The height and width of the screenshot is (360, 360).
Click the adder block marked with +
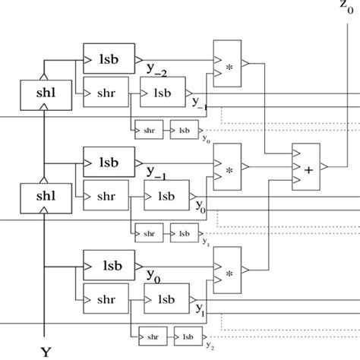(308, 169)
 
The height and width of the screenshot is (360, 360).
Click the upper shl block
(40, 95)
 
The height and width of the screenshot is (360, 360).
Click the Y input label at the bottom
(46, 351)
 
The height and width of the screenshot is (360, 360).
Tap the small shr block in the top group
(146, 129)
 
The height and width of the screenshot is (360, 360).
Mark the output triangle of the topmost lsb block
(137, 58)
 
